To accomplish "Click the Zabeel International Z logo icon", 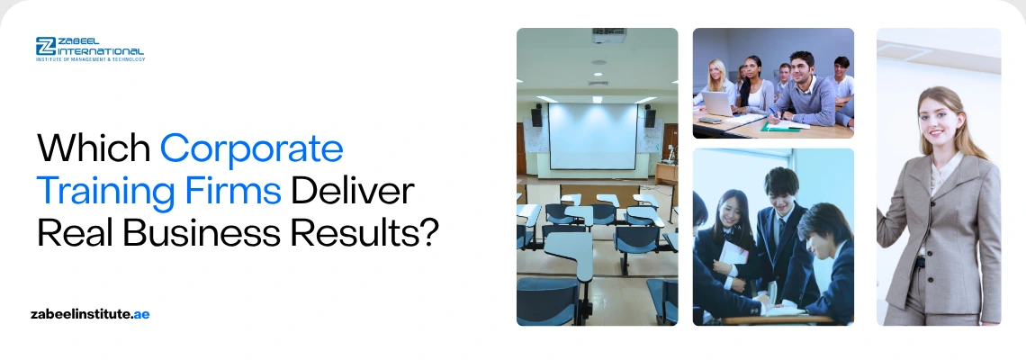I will pos(46,47).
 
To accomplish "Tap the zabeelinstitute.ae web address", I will pos(89,314).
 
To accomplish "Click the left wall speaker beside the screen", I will pos(536,116).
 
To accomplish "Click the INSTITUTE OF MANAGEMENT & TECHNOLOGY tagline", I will pos(89,59).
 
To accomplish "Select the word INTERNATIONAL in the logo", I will pos(101,51).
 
